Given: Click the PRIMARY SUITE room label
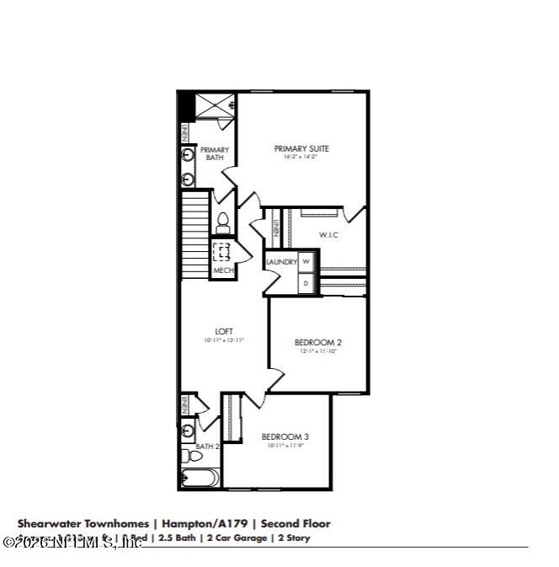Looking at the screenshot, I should pyautogui.click(x=301, y=148).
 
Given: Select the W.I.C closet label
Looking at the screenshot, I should pyautogui.click(x=328, y=234).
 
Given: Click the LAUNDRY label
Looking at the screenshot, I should pyautogui.click(x=281, y=262).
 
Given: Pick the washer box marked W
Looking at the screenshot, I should pyautogui.click(x=306, y=262).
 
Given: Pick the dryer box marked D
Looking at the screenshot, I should pyautogui.click(x=306, y=285).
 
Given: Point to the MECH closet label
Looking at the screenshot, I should pyautogui.click(x=222, y=270).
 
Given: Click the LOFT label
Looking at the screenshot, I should pyautogui.click(x=224, y=331).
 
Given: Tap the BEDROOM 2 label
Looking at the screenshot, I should pyautogui.click(x=318, y=342).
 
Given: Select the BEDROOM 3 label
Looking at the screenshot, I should pyautogui.click(x=285, y=436).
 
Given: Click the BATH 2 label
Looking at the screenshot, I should pyautogui.click(x=207, y=447).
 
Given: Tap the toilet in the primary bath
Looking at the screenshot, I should pyautogui.click(x=223, y=223).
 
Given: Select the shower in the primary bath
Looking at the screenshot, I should pyautogui.click(x=216, y=107).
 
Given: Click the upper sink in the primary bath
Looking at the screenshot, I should pyautogui.click(x=188, y=156).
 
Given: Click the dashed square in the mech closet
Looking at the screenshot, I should pyautogui.click(x=222, y=251).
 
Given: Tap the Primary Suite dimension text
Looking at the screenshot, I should pyautogui.click(x=301, y=157).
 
